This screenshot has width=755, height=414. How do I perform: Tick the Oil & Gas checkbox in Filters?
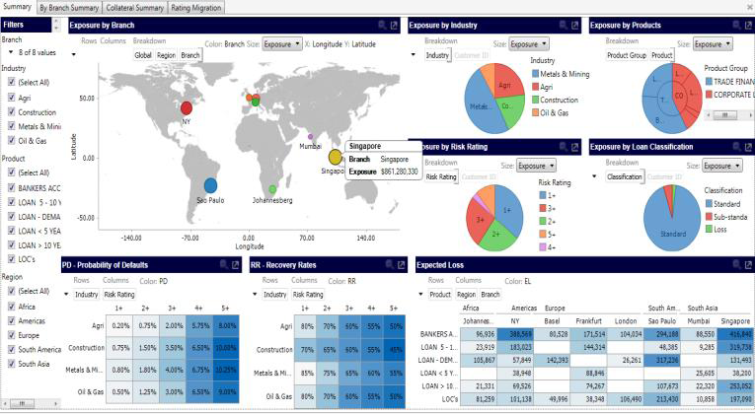click(11, 141)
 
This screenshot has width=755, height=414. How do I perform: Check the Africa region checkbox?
click(11, 306)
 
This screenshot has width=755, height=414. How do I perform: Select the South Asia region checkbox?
click(11, 364)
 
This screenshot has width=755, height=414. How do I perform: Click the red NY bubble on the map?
click(186, 107)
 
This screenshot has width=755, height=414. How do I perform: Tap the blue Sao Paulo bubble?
click(210, 184)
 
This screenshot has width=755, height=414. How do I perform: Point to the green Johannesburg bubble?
click(272, 189)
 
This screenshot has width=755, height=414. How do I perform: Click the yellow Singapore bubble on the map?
click(336, 157)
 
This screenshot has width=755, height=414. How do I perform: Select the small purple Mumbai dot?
click(310, 137)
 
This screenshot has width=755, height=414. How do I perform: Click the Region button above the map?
click(166, 55)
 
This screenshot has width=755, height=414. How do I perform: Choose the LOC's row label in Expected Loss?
click(437, 398)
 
